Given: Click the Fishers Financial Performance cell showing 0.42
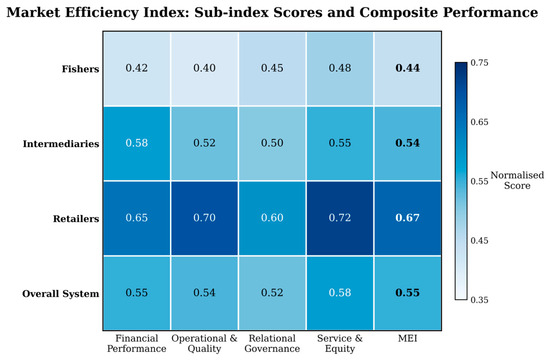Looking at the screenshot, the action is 137,68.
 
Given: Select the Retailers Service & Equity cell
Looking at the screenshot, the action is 340,218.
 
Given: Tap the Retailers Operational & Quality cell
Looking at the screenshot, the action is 204,218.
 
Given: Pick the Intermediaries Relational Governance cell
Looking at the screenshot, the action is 272,143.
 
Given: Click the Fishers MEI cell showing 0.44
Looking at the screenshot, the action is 408,68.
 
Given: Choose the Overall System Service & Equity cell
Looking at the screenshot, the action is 340,293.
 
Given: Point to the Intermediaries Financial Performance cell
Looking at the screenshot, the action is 137,143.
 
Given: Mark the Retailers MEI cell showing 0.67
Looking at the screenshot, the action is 408,218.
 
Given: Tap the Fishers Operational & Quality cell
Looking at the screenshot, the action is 204,68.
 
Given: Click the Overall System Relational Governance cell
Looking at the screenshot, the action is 272,293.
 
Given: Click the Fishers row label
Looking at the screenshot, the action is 80,69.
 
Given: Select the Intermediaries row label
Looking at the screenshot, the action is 61,144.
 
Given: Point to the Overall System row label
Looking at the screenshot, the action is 61,294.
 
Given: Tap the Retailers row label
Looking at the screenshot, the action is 76,219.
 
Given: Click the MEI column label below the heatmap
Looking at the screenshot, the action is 408,338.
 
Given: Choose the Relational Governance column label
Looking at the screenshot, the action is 272,344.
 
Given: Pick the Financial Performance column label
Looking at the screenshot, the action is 137,344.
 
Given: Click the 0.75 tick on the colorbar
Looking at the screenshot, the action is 479,63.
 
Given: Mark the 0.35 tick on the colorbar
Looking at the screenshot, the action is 479,300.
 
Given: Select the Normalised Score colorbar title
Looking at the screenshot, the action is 517,180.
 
